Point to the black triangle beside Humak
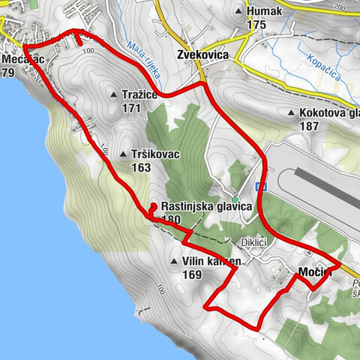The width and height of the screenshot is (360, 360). (x=239, y=12)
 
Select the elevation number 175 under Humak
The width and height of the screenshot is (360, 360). (x=256, y=25)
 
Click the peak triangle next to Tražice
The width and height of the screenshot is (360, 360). (x=112, y=95)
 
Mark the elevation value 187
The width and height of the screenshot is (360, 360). (x=308, y=126)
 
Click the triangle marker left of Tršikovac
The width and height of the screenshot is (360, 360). (x=123, y=154)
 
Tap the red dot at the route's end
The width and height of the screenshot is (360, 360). (x=153, y=206)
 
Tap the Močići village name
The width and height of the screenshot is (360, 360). (x=314, y=271)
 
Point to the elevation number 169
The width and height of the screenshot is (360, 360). (x=192, y=274)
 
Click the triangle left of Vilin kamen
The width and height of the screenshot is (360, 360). (x=172, y=262)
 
